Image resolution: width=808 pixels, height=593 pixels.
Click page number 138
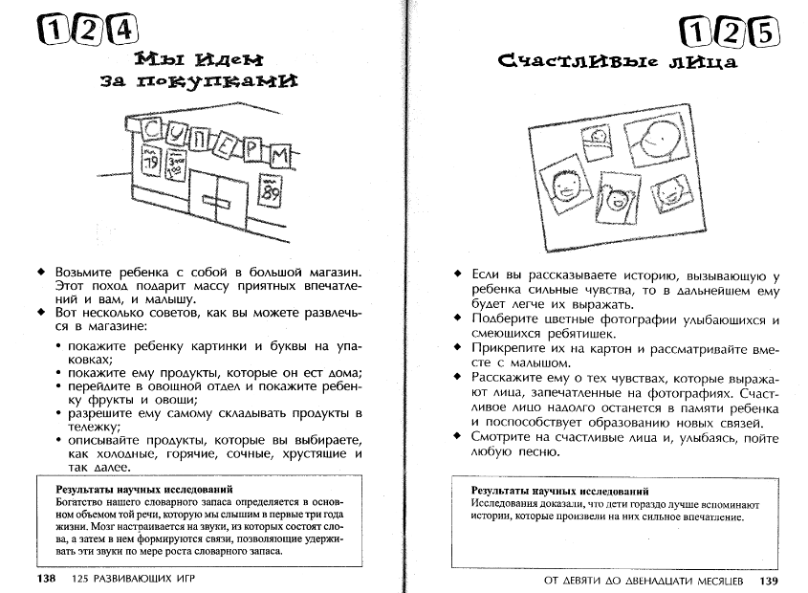[48, 580]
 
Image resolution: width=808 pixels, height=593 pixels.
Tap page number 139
[771, 580]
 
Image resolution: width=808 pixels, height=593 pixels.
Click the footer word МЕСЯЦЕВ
[714, 580]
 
